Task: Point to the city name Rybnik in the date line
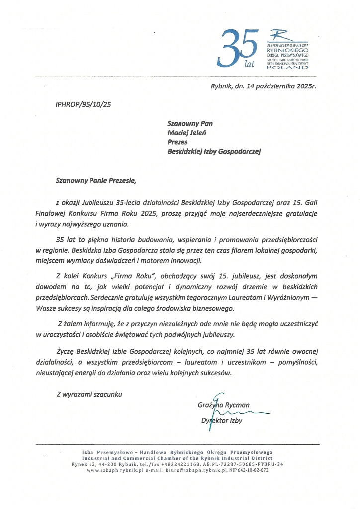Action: pyautogui.click(x=222, y=85)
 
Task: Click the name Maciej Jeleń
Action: pyautogui.click(x=189, y=132)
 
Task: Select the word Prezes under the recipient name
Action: pyautogui.click(x=178, y=142)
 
